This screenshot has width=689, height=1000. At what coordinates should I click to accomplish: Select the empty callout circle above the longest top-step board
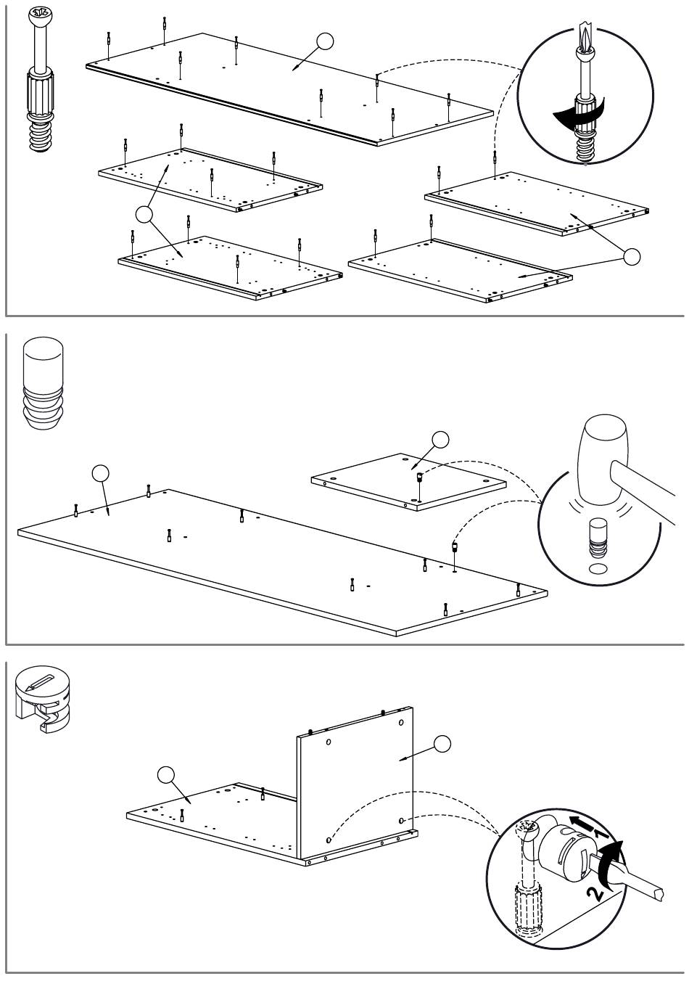[x=326, y=42]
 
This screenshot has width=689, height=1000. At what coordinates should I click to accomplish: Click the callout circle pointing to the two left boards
[x=145, y=213]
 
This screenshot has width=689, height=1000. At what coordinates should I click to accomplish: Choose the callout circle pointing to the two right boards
[x=632, y=255]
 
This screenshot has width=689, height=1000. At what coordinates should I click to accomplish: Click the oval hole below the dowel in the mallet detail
[x=598, y=567]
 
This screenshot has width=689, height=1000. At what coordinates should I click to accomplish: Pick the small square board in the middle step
[x=408, y=481]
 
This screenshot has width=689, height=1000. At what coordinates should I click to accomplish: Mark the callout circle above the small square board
[x=440, y=439]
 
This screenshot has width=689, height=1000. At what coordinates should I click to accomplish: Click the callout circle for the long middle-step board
[x=102, y=473]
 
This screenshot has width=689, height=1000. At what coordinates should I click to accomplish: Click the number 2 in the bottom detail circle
[x=595, y=892]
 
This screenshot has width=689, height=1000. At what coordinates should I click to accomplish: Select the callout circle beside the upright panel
[x=442, y=743]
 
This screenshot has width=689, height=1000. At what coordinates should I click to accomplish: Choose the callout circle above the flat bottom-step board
[x=167, y=775]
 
